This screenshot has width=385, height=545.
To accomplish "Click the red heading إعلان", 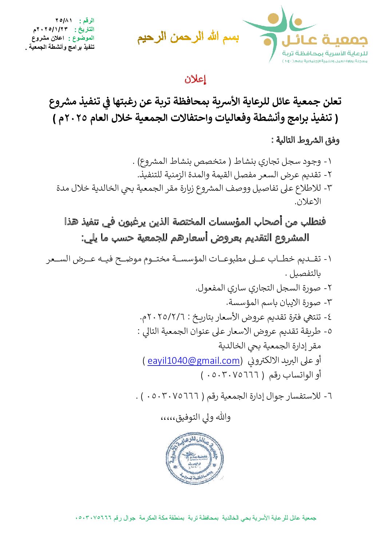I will tap(195, 79).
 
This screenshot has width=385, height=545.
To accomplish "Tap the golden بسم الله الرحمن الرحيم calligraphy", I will tap(188, 37).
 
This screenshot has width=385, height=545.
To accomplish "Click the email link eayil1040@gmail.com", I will tap(194, 361).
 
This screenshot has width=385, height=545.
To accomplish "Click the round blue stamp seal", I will tap(194, 458).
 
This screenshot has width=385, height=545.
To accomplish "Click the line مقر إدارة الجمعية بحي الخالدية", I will tap(270, 346).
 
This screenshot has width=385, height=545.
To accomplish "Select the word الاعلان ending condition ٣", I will tap(308, 202).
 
